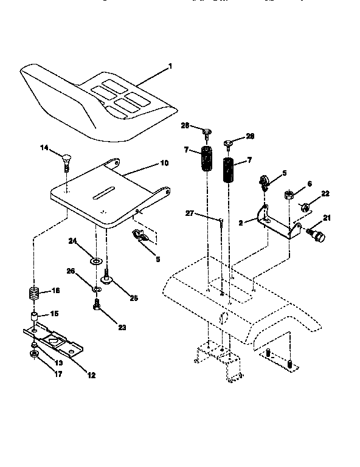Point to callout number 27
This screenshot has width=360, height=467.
click(x=190, y=213)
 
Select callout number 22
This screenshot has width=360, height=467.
click(x=326, y=193)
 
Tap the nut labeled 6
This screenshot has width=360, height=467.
click(x=289, y=196)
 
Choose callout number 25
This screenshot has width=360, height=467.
click(x=134, y=297)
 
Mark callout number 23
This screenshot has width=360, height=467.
click(x=122, y=327)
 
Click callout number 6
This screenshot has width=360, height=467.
click(x=309, y=183)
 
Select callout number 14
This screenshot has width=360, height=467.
click(x=44, y=147)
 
